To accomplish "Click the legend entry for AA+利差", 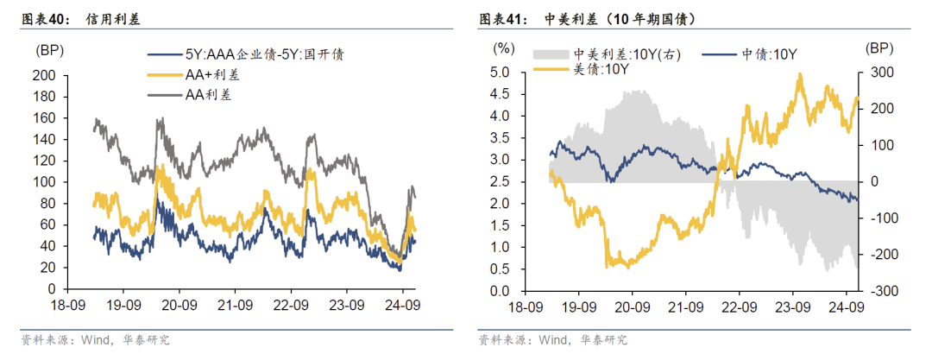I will (212, 74).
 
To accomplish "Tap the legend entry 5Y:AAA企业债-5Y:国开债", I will (259, 54).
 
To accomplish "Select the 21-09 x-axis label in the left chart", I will (235, 306).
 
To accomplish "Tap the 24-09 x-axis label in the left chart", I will (401, 306).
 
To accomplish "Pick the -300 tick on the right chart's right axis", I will (882, 291).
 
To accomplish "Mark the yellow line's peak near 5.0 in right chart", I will (800, 74).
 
